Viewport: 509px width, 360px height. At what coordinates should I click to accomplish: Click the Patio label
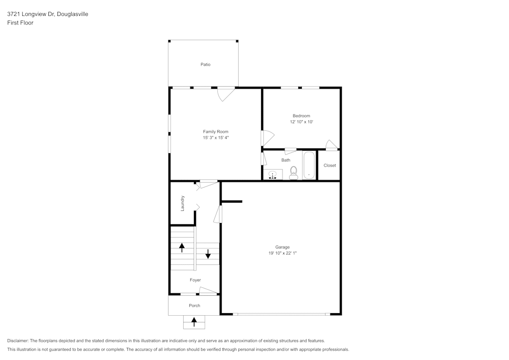[x=205, y=65]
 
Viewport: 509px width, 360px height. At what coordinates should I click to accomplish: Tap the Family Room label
[x=215, y=131]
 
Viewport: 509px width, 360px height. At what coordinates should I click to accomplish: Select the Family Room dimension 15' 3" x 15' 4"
[x=215, y=138]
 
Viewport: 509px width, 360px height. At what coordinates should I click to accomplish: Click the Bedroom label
[x=301, y=116]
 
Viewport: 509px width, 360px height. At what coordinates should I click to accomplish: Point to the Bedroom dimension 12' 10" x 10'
[x=301, y=122]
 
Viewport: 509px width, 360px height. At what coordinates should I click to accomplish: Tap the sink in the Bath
[x=273, y=175]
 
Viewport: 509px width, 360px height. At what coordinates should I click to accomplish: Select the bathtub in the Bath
[x=309, y=165]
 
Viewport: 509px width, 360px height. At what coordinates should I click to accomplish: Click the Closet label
[x=329, y=165]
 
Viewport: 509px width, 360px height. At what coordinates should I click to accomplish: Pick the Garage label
[x=282, y=247]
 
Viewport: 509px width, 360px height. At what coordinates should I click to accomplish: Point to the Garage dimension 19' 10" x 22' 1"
[x=282, y=253]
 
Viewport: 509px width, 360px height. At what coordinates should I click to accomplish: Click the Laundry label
[x=183, y=203]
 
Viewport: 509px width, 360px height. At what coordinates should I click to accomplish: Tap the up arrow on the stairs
[x=182, y=247]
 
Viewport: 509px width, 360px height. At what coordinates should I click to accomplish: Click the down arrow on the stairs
[x=208, y=253]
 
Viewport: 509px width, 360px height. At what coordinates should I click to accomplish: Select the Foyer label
[x=195, y=280]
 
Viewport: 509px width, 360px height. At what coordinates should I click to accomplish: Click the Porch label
[x=194, y=306]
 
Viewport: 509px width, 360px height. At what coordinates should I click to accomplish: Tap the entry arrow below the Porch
[x=194, y=322]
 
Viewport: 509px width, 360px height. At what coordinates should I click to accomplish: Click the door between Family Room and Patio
[x=225, y=93]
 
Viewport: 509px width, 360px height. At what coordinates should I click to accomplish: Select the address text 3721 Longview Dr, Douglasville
[x=47, y=14]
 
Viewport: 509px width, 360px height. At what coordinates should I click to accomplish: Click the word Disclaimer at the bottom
[x=18, y=341]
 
